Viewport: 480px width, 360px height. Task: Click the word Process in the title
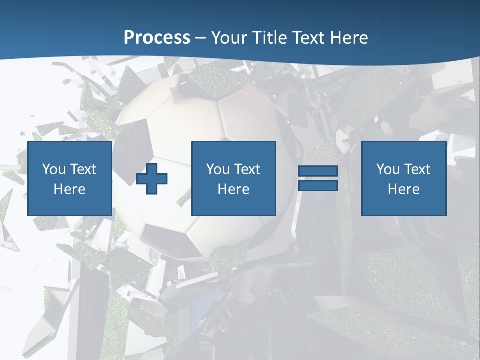point(157,38)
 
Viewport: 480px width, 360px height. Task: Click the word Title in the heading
point(269,38)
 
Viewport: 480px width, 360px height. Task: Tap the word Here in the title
point(349,38)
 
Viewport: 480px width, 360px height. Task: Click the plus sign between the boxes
point(152,179)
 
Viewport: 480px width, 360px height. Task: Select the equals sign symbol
point(318,179)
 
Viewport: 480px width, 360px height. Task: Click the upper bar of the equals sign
point(318,172)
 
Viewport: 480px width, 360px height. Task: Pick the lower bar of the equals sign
point(318,186)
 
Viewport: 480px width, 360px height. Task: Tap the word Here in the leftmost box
point(69,189)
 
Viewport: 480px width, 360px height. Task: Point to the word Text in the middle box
point(247,169)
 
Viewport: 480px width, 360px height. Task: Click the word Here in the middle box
point(233,189)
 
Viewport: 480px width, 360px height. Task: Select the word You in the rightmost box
point(388,169)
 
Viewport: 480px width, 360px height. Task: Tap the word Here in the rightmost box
point(403,189)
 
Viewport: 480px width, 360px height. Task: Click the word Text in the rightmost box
point(417,169)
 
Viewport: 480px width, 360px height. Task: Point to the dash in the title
point(201,38)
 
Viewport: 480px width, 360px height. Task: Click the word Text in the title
point(308,38)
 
